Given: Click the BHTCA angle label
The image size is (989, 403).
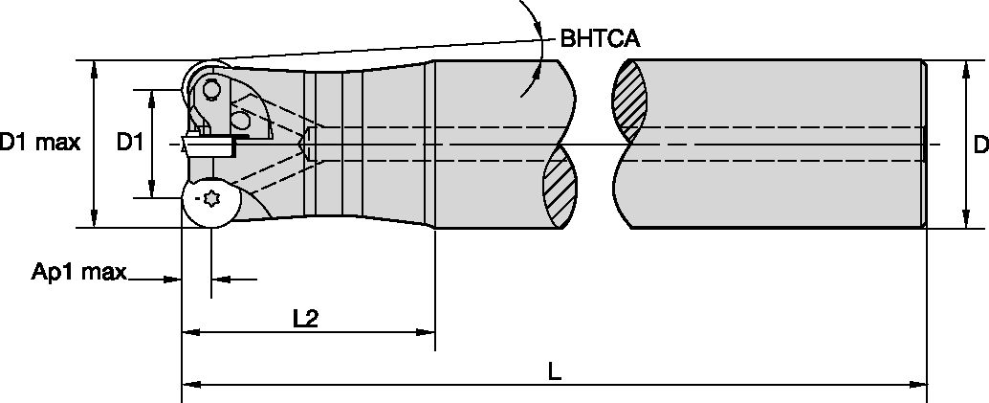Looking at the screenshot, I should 599,39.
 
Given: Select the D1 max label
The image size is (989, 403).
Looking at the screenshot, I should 39,143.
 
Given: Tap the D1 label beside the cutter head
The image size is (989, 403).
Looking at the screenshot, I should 130,143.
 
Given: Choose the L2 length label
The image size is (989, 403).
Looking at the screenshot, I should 305,320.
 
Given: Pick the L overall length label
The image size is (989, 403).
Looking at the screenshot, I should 555,372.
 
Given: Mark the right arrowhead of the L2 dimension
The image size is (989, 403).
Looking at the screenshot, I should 427,333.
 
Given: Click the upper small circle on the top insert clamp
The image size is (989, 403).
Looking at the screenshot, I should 210,89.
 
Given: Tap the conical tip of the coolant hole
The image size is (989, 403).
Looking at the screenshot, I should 304,144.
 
